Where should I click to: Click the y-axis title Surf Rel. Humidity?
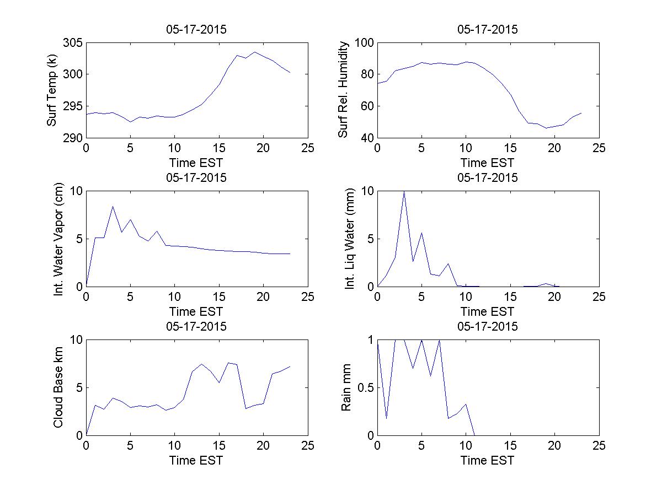343,90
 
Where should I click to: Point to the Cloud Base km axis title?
58,387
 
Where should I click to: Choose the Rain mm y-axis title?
346,387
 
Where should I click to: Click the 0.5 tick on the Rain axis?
362,387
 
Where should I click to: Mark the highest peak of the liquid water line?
404,191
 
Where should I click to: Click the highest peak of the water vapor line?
113,207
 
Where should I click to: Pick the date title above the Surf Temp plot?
196,30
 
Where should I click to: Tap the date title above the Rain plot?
488,327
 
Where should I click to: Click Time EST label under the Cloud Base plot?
196,460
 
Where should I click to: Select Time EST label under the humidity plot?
488,163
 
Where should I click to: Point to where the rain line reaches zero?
475,435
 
